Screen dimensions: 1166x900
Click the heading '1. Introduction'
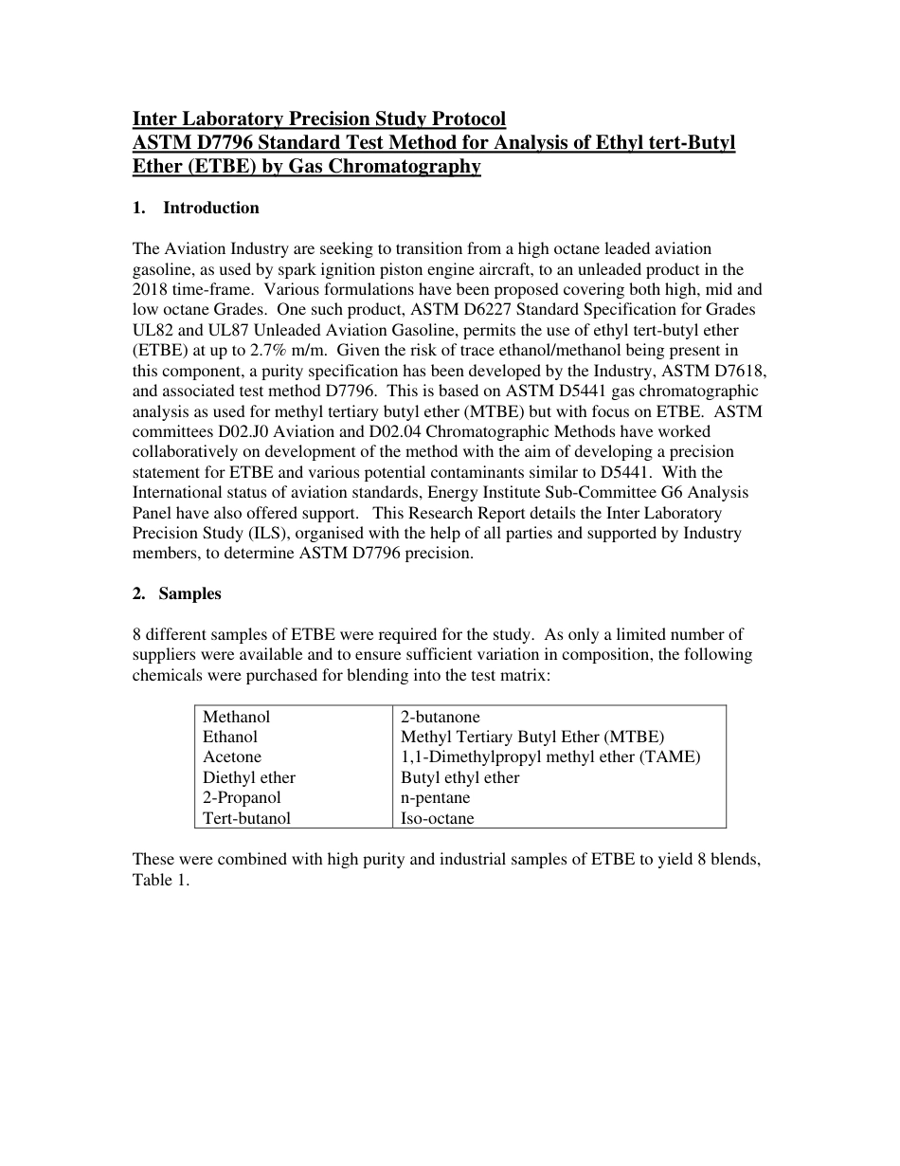[195, 209]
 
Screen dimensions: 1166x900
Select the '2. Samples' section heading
[177, 594]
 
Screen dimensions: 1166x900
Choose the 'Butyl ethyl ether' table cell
[460, 778]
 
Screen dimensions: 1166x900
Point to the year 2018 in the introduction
[151, 289]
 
